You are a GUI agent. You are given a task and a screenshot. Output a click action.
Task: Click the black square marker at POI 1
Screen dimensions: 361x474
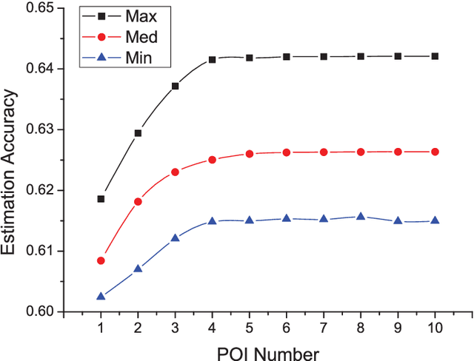[x=101, y=199]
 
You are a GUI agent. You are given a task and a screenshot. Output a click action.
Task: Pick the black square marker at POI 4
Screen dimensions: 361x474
[x=212, y=59]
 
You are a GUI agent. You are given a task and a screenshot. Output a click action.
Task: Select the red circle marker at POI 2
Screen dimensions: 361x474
[x=138, y=201]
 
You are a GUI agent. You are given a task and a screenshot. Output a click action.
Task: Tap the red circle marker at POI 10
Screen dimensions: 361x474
[x=435, y=152]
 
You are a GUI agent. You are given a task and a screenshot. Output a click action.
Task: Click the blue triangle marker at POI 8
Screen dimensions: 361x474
[x=361, y=217]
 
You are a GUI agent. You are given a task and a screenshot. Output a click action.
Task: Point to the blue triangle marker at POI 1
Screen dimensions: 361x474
[x=101, y=296]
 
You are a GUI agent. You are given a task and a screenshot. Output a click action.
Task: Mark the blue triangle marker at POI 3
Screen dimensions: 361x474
[x=175, y=238]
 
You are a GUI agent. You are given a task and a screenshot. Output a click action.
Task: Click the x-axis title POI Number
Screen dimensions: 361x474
[x=267, y=352]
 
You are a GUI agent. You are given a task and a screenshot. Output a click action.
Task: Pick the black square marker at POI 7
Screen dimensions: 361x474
[x=324, y=56]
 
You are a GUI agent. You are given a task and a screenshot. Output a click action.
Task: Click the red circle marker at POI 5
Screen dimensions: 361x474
[x=250, y=154]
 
